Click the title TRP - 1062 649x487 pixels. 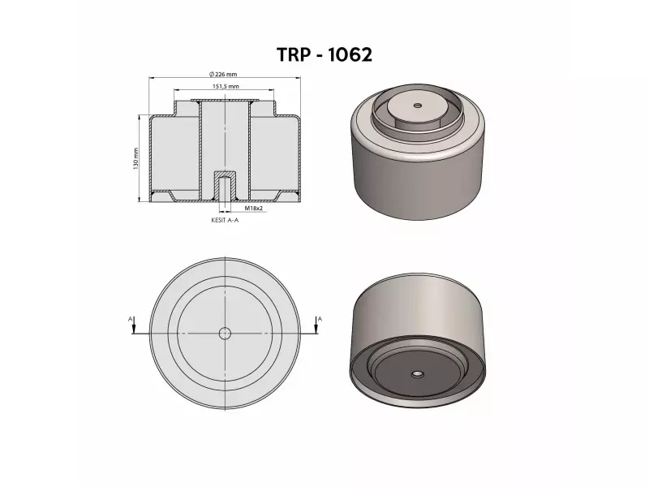324,54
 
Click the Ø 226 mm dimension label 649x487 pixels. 224,74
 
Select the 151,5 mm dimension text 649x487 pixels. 226,87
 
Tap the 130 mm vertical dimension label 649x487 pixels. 135,158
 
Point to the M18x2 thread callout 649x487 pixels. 254,208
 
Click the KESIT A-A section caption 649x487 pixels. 225,220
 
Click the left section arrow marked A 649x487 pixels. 134,328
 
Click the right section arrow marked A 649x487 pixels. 316,328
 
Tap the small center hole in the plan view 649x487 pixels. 225,334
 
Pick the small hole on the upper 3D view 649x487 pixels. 418,106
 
